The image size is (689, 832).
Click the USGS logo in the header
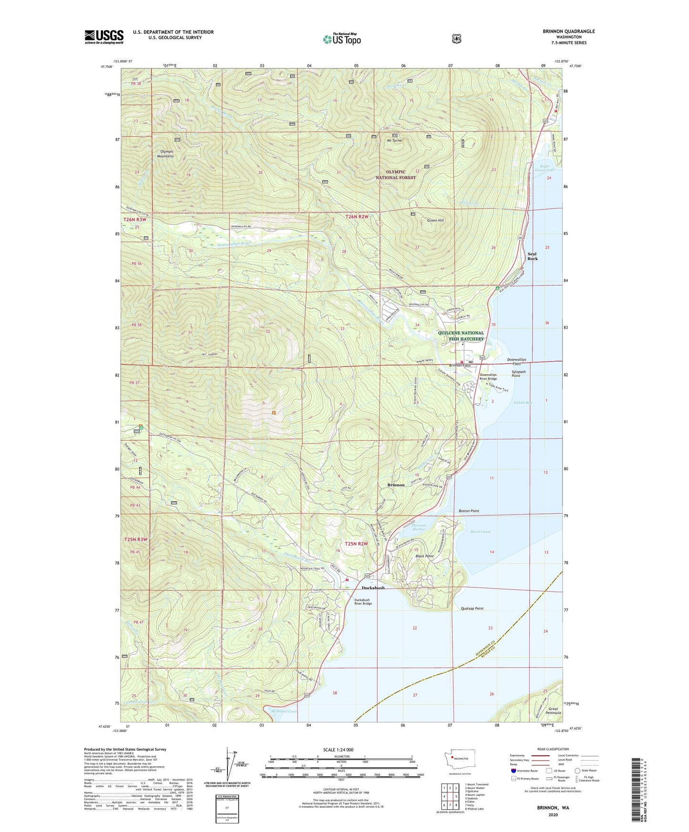(x=104, y=37)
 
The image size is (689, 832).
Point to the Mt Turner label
(x=395, y=141)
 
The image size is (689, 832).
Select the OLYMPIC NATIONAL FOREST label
(x=395, y=174)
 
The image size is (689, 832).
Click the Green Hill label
(x=435, y=221)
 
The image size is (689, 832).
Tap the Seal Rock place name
(x=532, y=256)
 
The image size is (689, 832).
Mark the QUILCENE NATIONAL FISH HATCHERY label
(x=461, y=336)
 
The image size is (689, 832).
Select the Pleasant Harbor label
(x=418, y=527)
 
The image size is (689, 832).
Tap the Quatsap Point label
(x=472, y=609)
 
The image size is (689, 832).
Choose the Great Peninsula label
(x=554, y=710)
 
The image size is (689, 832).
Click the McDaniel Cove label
(x=283, y=711)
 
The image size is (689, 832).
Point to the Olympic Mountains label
(x=165, y=154)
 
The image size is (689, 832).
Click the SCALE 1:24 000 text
(x=338, y=750)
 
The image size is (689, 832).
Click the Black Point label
(x=424, y=556)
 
